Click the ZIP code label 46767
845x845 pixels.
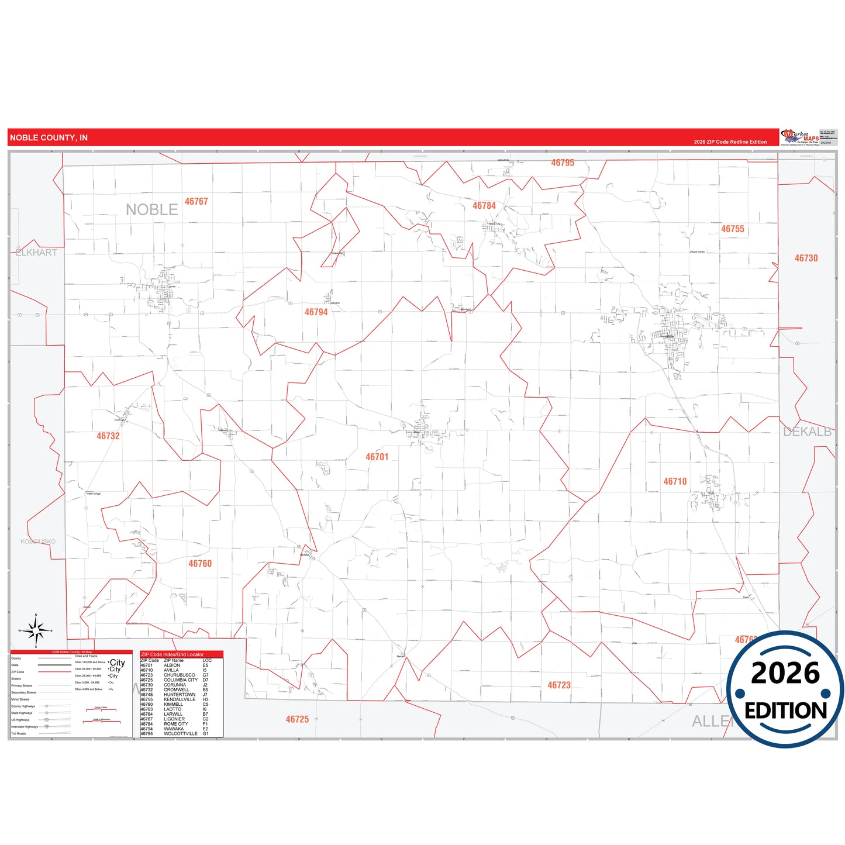point(196,202)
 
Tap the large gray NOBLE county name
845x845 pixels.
point(151,209)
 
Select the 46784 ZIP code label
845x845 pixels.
point(484,206)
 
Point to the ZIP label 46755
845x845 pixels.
point(733,229)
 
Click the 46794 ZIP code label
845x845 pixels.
point(316,312)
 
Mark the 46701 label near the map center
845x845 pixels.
point(377,457)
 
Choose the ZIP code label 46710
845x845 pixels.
point(675,481)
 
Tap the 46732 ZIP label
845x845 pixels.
point(108,436)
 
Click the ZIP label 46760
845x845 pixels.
point(200,564)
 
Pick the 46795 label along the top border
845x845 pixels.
point(563,163)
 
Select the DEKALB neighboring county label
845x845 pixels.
point(807,432)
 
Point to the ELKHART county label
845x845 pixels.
point(36,253)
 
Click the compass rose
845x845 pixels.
point(36,631)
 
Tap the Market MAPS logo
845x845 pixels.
point(799,137)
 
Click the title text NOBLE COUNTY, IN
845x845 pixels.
point(49,138)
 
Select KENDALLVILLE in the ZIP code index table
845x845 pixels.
point(179,699)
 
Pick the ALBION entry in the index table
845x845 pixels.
point(172,665)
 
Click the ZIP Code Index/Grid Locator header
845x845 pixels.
point(173,654)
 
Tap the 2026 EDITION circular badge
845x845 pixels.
point(785,689)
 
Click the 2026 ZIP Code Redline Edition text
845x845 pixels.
point(730,142)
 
